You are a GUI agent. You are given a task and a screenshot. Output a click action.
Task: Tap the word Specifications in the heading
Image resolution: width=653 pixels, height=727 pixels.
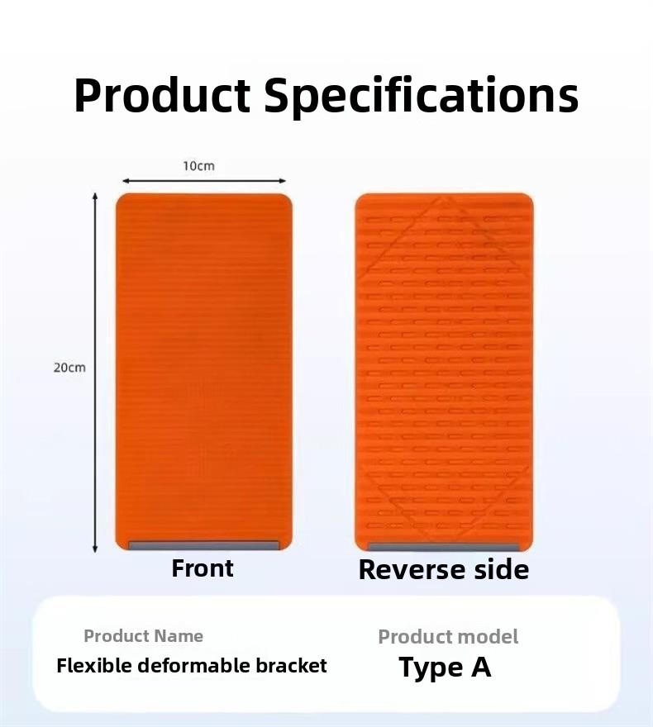click(422, 97)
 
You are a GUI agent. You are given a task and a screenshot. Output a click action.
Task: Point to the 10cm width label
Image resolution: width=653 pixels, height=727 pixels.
click(198, 166)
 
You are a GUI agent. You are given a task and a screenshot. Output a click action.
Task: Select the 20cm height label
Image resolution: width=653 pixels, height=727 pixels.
click(69, 368)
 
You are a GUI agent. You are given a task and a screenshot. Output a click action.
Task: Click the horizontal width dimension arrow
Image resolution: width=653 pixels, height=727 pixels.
click(204, 181)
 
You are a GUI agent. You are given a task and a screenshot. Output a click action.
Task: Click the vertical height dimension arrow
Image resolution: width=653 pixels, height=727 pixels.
click(95, 373)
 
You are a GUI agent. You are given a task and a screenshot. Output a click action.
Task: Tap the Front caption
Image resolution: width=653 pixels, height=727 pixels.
click(203, 568)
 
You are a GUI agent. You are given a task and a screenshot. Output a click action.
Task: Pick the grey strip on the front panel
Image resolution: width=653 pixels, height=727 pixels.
click(204, 545)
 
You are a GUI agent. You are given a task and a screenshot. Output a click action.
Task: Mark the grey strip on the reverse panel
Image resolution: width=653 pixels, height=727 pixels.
click(444, 548)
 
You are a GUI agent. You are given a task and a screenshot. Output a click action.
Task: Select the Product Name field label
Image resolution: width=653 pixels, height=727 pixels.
click(143, 635)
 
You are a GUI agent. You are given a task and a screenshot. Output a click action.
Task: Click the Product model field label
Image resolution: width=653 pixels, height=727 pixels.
click(448, 637)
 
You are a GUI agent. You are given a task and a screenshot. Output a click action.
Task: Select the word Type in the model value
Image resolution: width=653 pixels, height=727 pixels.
click(431, 668)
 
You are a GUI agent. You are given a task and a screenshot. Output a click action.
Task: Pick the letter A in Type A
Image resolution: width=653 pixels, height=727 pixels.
click(481, 667)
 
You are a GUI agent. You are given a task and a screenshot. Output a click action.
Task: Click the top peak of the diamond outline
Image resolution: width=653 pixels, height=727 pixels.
click(447, 198)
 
